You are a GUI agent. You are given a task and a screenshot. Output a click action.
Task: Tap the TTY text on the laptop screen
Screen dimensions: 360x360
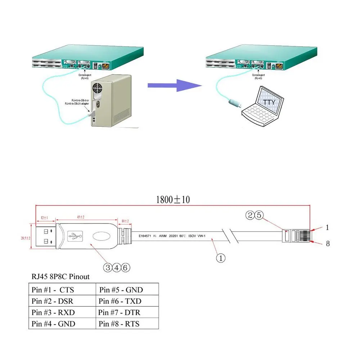(x=269, y=102)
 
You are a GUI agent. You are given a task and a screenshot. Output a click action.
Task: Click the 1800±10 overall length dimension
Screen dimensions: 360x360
(x=172, y=199)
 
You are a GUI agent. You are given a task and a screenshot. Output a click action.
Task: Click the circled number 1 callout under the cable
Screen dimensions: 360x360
(x=220, y=258)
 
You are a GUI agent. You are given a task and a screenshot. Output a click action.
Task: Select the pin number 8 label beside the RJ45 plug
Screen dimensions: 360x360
(x=328, y=244)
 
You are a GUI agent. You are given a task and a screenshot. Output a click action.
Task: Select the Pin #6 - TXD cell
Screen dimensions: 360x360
(x=121, y=301)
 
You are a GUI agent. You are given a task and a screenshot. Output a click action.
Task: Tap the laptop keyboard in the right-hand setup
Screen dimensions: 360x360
(x=258, y=115)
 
